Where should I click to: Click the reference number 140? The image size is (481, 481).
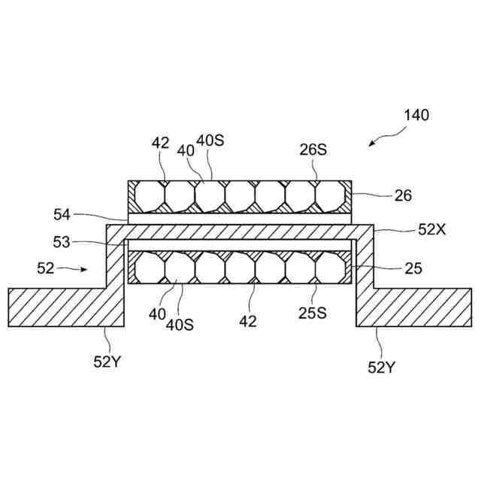click(x=416, y=116)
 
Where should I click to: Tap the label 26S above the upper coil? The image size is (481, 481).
click(x=313, y=150)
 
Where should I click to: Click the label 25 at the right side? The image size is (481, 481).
click(x=413, y=268)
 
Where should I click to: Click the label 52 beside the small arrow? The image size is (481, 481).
click(x=46, y=267)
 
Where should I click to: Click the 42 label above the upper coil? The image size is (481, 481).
click(x=161, y=144)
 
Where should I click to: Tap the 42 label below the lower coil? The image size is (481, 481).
click(x=248, y=321)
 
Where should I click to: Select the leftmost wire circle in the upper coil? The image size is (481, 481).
click(x=150, y=197)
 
